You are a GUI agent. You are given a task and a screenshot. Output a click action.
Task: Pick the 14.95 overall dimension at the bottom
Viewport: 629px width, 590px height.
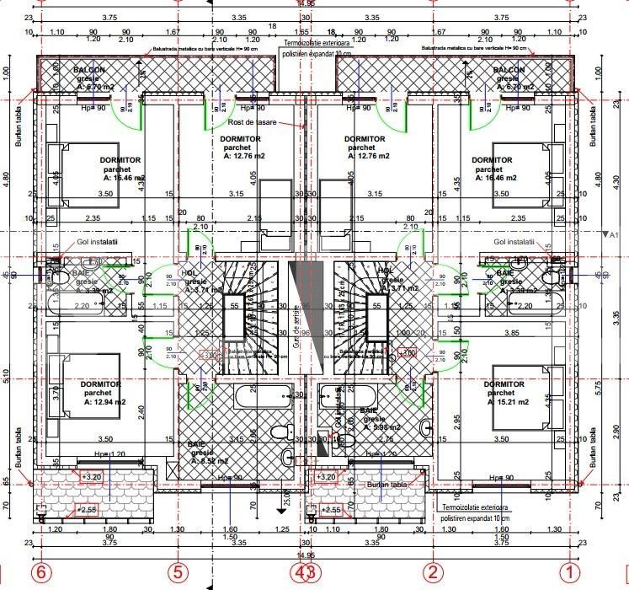pos(305,555)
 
